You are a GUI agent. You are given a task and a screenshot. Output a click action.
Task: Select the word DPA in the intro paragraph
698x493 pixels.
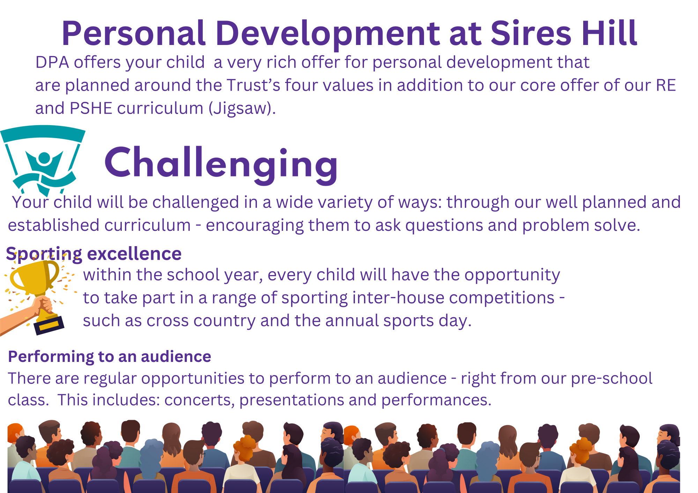(x=52, y=62)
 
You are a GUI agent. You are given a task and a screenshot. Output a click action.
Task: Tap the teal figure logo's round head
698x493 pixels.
(x=44, y=158)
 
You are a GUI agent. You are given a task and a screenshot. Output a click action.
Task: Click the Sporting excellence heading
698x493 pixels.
(x=94, y=253)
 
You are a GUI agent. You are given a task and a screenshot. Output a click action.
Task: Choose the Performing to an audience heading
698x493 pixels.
(x=110, y=357)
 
